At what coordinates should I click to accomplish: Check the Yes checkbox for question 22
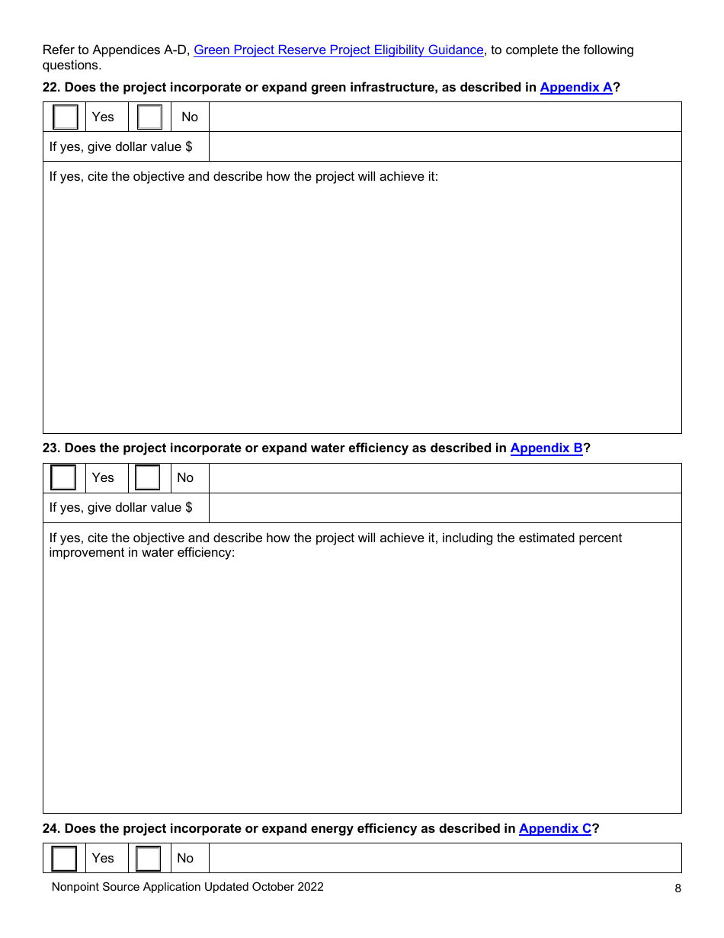tap(66, 117)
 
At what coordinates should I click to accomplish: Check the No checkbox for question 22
tap(150, 117)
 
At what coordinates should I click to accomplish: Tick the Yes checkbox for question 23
tap(63, 477)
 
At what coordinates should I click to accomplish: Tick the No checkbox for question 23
tap(148, 477)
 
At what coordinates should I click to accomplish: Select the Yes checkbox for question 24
tap(64, 858)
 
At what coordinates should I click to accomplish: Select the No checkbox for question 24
tap(148, 858)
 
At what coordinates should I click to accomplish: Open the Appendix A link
tap(576, 87)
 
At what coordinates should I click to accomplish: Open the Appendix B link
tap(546, 448)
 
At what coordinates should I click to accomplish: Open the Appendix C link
tap(555, 828)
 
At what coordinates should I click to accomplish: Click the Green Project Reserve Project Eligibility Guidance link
tap(338, 50)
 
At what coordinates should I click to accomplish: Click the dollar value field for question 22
tap(444, 146)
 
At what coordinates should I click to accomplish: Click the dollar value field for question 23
tap(444, 507)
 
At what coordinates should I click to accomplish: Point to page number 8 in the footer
tap(678, 888)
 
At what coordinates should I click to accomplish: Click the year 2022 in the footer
tap(309, 887)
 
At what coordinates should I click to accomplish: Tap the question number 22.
tap(51, 87)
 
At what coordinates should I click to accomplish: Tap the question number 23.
tap(51, 448)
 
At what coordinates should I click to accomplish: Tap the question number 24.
tap(51, 828)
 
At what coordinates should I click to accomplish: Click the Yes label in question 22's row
tap(103, 117)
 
